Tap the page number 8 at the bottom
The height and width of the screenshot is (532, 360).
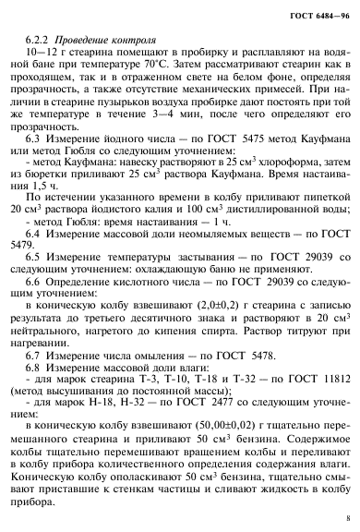(345, 518)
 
